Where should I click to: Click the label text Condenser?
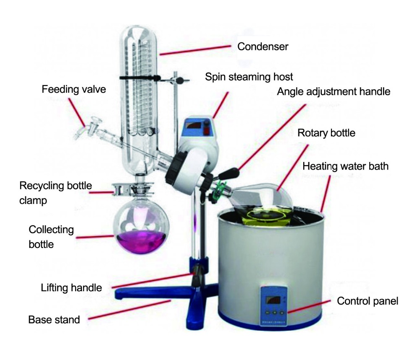[263, 47]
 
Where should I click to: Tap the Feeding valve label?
[73, 89]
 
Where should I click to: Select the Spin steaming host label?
[249, 77]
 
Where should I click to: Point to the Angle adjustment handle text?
[333, 91]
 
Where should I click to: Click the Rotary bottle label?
[326, 133]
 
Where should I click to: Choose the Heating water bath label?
[345, 166]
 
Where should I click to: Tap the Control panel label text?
[367, 301]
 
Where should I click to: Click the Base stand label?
[54, 320]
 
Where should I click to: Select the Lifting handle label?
[71, 288]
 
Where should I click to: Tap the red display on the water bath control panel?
[273, 300]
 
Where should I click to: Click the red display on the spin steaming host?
[193, 125]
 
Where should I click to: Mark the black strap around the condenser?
[140, 78]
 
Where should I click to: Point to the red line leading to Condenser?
[195, 51]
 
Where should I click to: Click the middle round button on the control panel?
[275, 312]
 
